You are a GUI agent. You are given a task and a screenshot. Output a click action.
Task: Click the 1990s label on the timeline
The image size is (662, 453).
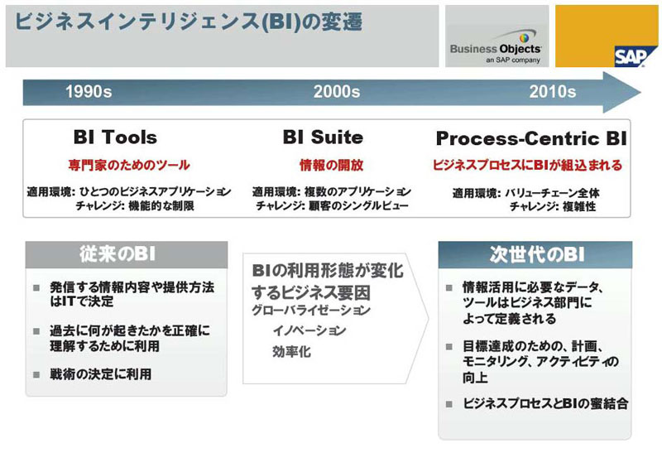[x=89, y=91]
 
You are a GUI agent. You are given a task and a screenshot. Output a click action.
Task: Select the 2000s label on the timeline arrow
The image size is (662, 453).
[x=337, y=91]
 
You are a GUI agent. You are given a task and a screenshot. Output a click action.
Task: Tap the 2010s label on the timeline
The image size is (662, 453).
[x=552, y=91]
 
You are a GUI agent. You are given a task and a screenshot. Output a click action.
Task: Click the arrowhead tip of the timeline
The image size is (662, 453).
[x=640, y=92]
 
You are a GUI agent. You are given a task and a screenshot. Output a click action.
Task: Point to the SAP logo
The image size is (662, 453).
[x=631, y=56]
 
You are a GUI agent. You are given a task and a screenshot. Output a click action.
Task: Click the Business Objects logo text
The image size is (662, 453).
[x=496, y=49]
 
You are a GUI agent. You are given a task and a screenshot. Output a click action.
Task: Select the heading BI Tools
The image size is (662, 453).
[x=115, y=137]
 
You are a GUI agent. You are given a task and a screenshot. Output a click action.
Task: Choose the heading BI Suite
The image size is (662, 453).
[x=323, y=137]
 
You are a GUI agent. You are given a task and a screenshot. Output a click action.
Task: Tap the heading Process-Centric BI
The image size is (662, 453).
[x=531, y=138]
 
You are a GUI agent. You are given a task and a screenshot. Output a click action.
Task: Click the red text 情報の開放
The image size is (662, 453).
[x=332, y=165]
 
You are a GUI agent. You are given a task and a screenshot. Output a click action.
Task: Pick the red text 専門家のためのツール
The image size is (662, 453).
[x=129, y=165]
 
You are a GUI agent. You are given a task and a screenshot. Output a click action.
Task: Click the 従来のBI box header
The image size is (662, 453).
[x=127, y=254]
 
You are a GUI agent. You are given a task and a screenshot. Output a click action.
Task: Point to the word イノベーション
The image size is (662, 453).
[x=309, y=330]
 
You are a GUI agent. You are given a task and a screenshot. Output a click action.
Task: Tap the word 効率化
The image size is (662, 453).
[x=292, y=351]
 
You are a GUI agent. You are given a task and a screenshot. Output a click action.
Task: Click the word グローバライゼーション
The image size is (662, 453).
[x=311, y=311]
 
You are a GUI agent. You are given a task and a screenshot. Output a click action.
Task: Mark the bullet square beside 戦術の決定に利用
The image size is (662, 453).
[x=36, y=375]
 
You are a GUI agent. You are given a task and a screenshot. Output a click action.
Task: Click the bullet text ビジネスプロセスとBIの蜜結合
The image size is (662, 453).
[x=545, y=403]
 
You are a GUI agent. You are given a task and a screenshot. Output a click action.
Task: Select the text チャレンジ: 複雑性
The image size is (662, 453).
[x=553, y=207]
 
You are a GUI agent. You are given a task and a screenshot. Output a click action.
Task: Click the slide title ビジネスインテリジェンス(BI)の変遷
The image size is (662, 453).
[x=189, y=22]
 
